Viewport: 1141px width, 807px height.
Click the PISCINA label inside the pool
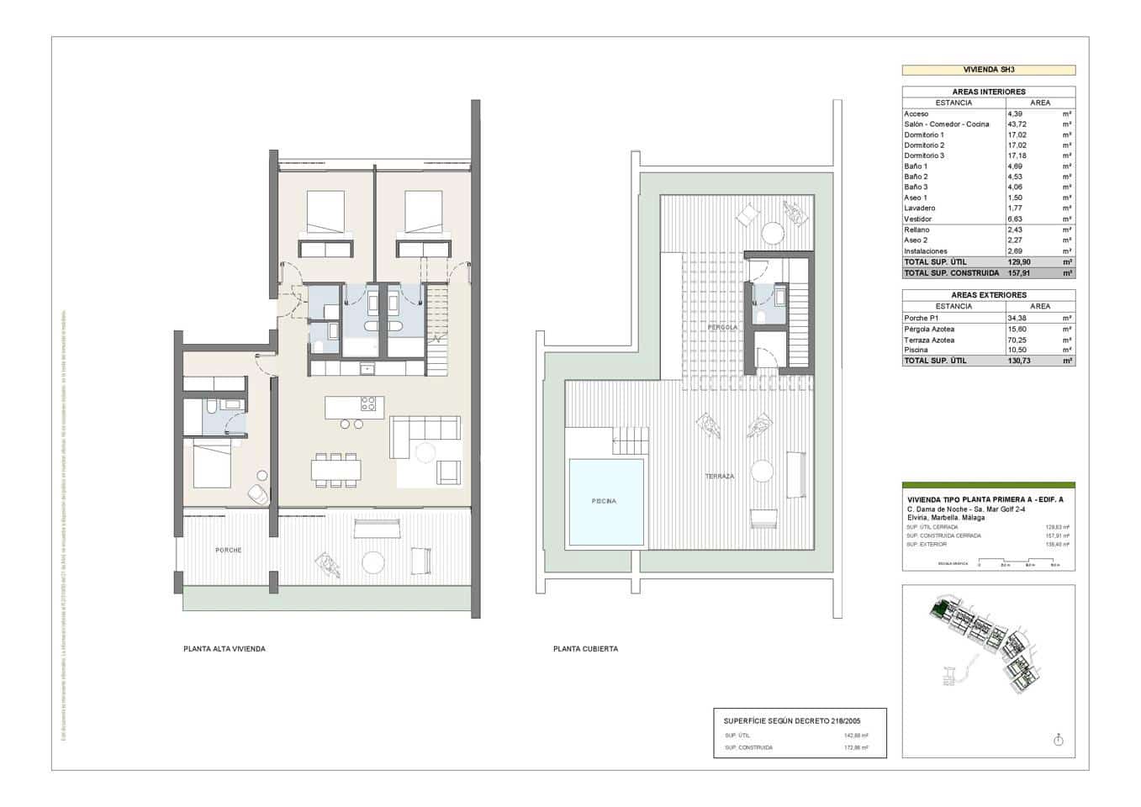pyautogui.click(x=603, y=501)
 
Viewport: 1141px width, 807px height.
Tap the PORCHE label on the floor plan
pyautogui.click(x=228, y=550)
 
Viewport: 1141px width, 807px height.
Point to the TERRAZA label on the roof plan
pyautogui.click(x=719, y=476)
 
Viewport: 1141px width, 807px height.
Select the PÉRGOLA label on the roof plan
pyautogui.click(x=722, y=327)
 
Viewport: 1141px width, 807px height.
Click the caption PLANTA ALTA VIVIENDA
pyautogui.click(x=224, y=649)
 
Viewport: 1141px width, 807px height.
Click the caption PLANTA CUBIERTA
pyautogui.click(x=585, y=649)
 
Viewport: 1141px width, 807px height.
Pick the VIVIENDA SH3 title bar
pyautogui.click(x=988, y=71)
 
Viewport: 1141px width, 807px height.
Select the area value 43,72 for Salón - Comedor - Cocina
pyautogui.click(x=1017, y=124)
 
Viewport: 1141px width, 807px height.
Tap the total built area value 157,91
pyautogui.click(x=1019, y=272)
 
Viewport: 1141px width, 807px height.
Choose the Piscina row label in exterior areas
pyautogui.click(x=916, y=350)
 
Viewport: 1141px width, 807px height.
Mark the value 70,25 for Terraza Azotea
pyautogui.click(x=1017, y=340)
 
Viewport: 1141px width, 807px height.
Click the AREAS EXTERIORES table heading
pyautogui.click(x=988, y=295)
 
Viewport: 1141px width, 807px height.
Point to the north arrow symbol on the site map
pyautogui.click(x=1058, y=740)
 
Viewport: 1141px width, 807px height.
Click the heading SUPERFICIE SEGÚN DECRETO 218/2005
pyautogui.click(x=791, y=720)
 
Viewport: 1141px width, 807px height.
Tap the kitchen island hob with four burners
pyautogui.click(x=368, y=403)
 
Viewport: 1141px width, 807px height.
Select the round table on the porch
pyautogui.click(x=372, y=561)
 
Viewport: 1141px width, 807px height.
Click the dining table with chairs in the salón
pyautogui.click(x=335, y=470)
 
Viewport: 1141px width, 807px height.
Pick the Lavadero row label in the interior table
pyautogui.click(x=919, y=208)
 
